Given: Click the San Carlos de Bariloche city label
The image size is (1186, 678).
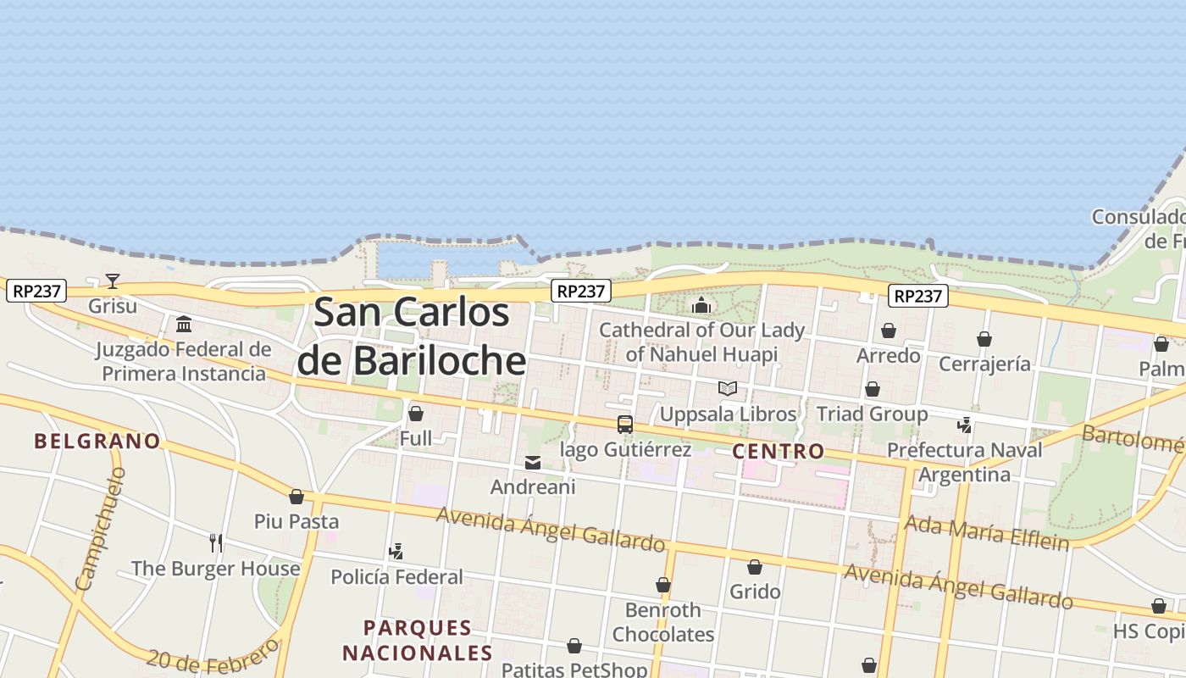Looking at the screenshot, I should [x=412, y=336].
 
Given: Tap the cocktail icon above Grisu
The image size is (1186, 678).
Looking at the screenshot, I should [x=112, y=281].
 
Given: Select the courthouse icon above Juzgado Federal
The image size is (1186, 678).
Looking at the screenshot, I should [x=184, y=325].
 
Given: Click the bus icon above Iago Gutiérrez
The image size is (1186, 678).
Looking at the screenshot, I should [x=625, y=425].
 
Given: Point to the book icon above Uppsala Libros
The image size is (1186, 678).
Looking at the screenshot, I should [x=728, y=389].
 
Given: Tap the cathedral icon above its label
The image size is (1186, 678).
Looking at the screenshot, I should [x=701, y=305].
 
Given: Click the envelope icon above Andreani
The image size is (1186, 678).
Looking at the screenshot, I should [x=533, y=463].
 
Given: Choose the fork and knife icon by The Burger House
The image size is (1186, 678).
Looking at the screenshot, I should [x=216, y=542].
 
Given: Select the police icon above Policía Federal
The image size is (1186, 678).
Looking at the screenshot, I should [x=396, y=552].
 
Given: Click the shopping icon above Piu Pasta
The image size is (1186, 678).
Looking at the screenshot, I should [x=296, y=497].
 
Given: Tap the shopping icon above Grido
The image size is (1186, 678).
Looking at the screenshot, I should [x=755, y=567].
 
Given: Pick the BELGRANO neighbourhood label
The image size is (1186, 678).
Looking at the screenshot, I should [x=97, y=441].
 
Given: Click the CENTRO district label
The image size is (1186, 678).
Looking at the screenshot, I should [x=778, y=451].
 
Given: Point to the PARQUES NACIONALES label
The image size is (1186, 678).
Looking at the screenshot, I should [x=418, y=640].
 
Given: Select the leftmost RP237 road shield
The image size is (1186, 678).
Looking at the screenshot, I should [x=36, y=292].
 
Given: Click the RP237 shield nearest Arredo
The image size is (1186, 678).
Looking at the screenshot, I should [x=918, y=296].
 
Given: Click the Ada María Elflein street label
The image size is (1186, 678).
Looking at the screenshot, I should [x=986, y=531].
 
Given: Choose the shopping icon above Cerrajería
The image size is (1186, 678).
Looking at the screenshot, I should [x=984, y=340].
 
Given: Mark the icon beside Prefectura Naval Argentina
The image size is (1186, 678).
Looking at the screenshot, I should [x=964, y=425].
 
